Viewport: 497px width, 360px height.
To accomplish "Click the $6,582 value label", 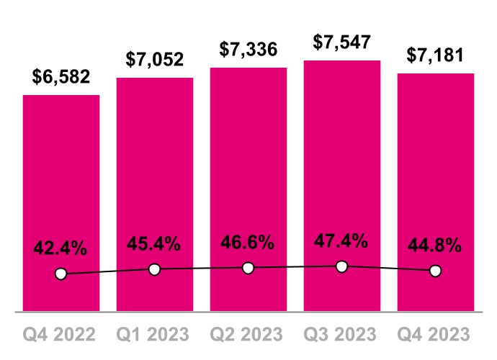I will pos(61,78).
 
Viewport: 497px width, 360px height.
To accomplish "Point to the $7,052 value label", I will pos(155,60).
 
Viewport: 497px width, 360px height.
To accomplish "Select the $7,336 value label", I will pos(248,50).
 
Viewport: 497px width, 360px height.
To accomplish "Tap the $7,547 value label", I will pos(342,42).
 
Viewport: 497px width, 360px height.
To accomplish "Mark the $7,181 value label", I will pos(436,55).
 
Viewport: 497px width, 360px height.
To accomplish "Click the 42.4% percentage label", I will pos(61,249).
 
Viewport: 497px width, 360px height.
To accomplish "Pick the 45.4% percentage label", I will pos(155,244).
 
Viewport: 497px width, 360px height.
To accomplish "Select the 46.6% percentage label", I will pos(248,242).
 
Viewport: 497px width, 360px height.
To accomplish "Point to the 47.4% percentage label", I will pos(342,240).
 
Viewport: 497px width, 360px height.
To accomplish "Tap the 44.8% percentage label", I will pos(436,246).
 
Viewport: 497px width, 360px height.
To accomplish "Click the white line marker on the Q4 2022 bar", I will pos(61,274).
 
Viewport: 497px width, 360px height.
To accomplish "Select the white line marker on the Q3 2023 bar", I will pos(342,266).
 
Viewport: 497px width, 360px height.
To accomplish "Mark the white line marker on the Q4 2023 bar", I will pos(436,271).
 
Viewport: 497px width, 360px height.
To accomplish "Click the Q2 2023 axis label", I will pos(248,335).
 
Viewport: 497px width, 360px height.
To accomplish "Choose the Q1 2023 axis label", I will pos(155,335).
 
